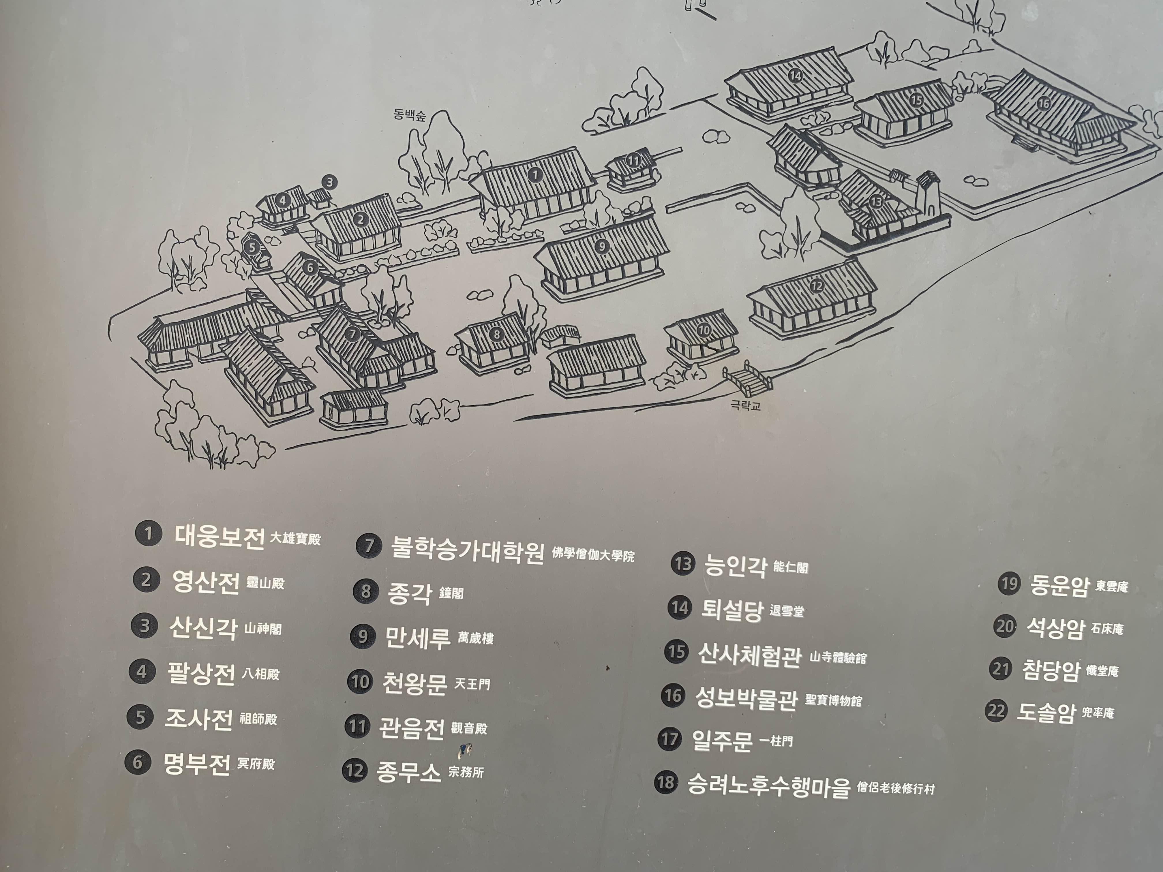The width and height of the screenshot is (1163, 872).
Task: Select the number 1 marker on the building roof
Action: point(535,174)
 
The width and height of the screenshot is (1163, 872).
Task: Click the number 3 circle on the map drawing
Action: point(330,183)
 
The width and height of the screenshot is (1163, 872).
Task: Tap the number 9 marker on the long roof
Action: point(602,245)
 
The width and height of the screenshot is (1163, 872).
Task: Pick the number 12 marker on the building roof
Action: point(817,286)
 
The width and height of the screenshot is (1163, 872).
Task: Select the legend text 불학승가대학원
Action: point(467,549)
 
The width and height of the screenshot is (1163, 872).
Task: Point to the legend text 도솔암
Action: point(1046,712)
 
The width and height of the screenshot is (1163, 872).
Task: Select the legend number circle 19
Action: point(1010,583)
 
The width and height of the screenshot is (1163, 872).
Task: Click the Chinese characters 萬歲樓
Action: point(475,638)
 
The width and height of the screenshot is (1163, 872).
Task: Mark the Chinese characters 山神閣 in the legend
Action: point(263,629)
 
